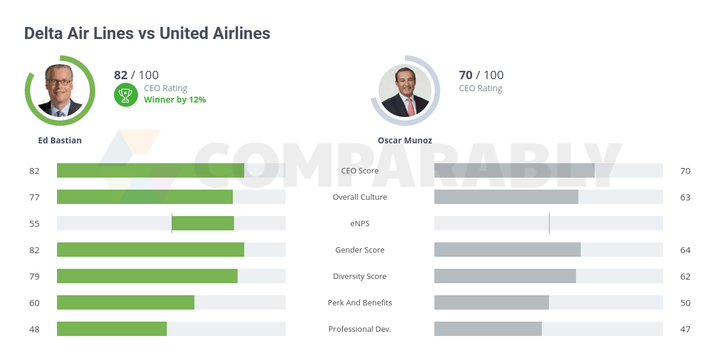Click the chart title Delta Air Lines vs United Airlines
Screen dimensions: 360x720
pos(147,34)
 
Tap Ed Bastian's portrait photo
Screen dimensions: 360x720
pos(60,90)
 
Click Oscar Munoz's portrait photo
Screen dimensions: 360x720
pos(405,91)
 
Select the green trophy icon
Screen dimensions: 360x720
pos(125,94)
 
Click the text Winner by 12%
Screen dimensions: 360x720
pos(175,100)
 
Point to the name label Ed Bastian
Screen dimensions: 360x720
pos(60,140)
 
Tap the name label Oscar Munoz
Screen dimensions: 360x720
pos(405,140)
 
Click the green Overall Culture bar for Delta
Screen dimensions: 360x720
pos(145,197)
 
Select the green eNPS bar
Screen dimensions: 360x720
pos(203,223)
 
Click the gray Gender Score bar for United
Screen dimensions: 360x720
pos(507,250)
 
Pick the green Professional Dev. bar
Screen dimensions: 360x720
pos(112,329)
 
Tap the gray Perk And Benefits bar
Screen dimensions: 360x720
pos(491,302)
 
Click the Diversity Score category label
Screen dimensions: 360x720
pos(360,277)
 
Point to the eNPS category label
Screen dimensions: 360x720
pos(360,224)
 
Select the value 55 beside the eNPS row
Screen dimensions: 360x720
pos(34,224)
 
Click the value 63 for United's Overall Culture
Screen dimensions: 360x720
pos(685,197)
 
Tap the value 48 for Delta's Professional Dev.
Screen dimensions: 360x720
pos(34,329)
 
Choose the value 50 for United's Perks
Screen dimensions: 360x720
pos(685,303)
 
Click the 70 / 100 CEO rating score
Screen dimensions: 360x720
pos(481,75)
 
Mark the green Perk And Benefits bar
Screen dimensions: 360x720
pos(125,302)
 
